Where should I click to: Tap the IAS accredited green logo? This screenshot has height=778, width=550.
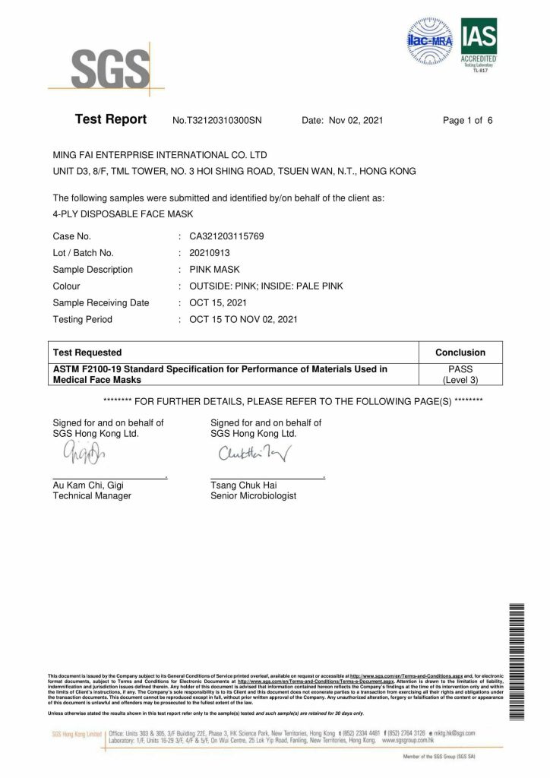479,43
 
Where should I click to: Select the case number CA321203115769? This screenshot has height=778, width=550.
226,237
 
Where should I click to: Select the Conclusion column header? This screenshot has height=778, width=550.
460,353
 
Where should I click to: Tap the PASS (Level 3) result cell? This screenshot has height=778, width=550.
460,374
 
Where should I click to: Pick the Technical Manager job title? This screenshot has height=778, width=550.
92,496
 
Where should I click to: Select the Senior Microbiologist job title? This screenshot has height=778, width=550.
253,496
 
